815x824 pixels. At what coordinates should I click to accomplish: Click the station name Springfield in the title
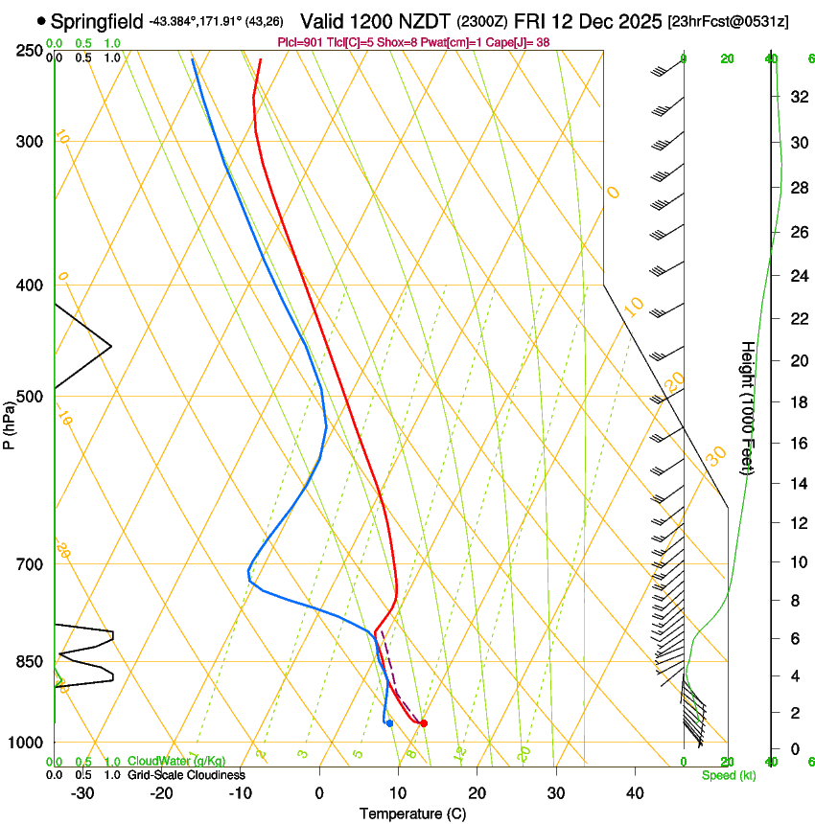click(x=98, y=20)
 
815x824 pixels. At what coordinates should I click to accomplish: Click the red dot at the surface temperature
click(x=424, y=723)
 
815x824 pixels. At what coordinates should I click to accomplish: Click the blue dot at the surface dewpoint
click(x=389, y=723)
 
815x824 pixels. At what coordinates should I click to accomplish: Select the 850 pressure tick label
click(x=31, y=662)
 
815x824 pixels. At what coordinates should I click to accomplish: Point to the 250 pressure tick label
click(x=31, y=51)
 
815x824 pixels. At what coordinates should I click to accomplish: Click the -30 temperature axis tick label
click(x=82, y=793)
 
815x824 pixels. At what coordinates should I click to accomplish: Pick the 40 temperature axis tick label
click(x=635, y=793)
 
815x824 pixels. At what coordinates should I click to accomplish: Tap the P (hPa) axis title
click(x=10, y=424)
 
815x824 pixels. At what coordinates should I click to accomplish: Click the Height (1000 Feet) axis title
click(x=748, y=407)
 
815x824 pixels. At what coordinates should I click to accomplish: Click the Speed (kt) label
click(x=728, y=775)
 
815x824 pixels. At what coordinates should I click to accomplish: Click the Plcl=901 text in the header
click(x=300, y=42)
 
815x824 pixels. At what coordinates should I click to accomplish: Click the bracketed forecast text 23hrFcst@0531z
click(x=729, y=21)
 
